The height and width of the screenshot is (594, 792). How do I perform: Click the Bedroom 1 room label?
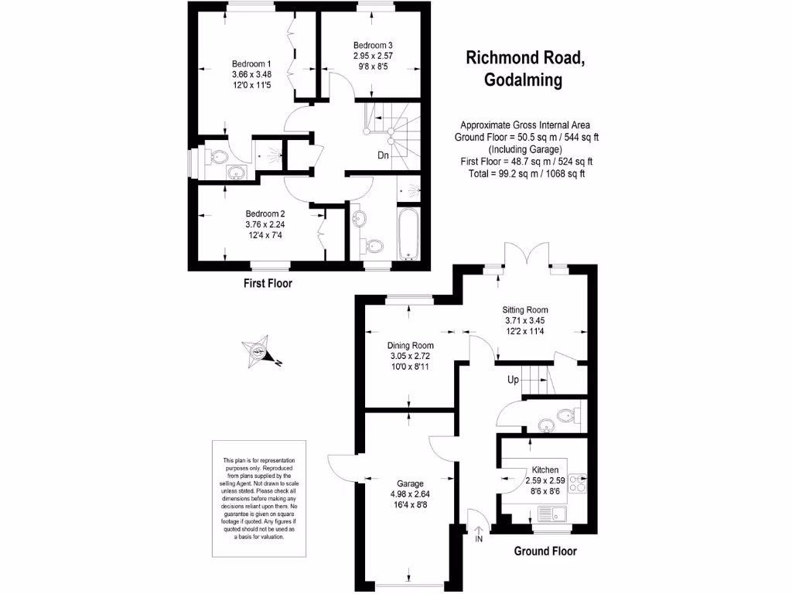251,63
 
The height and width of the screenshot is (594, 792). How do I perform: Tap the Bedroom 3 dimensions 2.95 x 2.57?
374,56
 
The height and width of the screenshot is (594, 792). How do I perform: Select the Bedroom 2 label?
266,213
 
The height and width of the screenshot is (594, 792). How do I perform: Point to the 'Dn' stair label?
383,155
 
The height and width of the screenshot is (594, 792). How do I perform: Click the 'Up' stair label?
513,380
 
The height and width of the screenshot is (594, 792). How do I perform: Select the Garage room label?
407,483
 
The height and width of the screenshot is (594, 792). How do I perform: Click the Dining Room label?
410,346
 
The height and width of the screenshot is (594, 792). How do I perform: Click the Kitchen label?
545,469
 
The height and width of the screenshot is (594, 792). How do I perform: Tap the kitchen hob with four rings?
577,483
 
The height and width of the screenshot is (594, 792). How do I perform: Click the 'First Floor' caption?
268,283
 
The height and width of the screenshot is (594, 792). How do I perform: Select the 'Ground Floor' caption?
545,551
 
